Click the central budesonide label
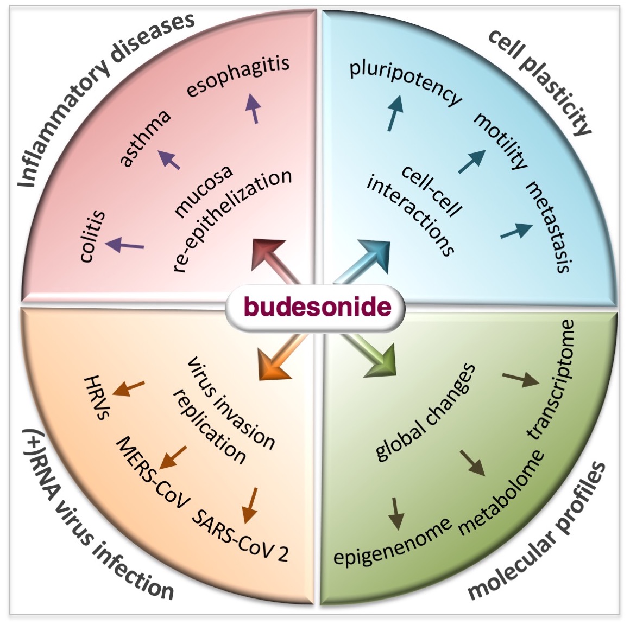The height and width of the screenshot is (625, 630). tap(317, 307)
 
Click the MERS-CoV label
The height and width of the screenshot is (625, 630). tap(153, 472)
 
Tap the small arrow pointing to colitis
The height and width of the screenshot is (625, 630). tap(125, 245)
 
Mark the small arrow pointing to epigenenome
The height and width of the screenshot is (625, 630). tap(396, 512)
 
